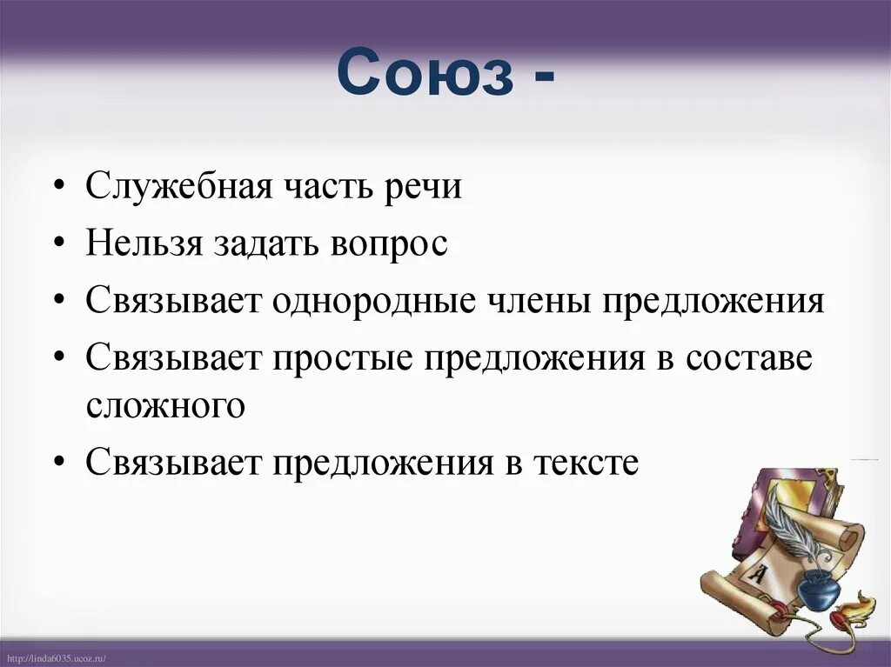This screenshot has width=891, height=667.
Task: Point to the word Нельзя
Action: [x=144, y=243]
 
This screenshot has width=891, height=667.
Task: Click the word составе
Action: [x=749, y=358]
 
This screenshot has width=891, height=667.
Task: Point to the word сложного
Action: [x=165, y=406]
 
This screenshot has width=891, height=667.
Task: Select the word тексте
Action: [x=587, y=463]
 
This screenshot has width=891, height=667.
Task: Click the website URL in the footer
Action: [x=54, y=659]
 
